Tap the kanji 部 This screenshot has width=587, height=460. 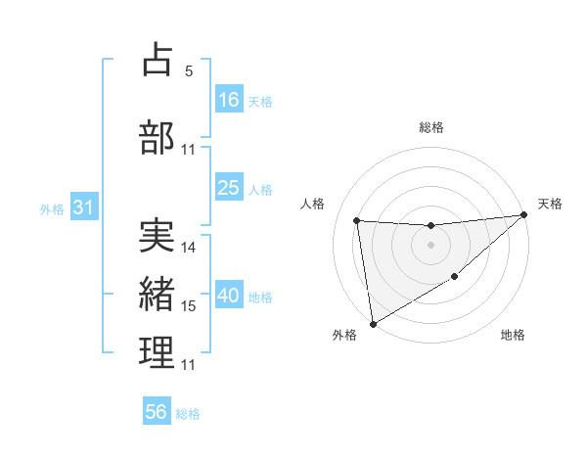(x=158, y=136)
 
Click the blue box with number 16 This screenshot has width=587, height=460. (x=229, y=99)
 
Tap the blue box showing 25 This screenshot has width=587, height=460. (x=229, y=188)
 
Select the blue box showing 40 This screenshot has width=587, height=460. (x=229, y=297)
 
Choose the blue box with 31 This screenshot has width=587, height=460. (x=82, y=207)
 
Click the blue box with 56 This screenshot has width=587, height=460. (x=157, y=412)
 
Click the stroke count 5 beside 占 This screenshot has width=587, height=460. (x=189, y=71)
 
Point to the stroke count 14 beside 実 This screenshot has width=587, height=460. (x=189, y=248)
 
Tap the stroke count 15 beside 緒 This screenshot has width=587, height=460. (x=189, y=306)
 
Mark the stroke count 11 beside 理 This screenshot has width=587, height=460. (x=189, y=365)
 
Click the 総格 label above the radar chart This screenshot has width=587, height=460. (x=430, y=127)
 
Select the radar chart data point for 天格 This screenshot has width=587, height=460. (x=524, y=215)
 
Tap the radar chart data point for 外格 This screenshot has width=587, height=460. (x=372, y=324)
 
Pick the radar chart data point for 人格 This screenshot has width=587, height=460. (x=357, y=220)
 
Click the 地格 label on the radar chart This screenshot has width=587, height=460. (x=513, y=336)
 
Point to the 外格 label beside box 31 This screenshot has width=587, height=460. (x=52, y=208)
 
